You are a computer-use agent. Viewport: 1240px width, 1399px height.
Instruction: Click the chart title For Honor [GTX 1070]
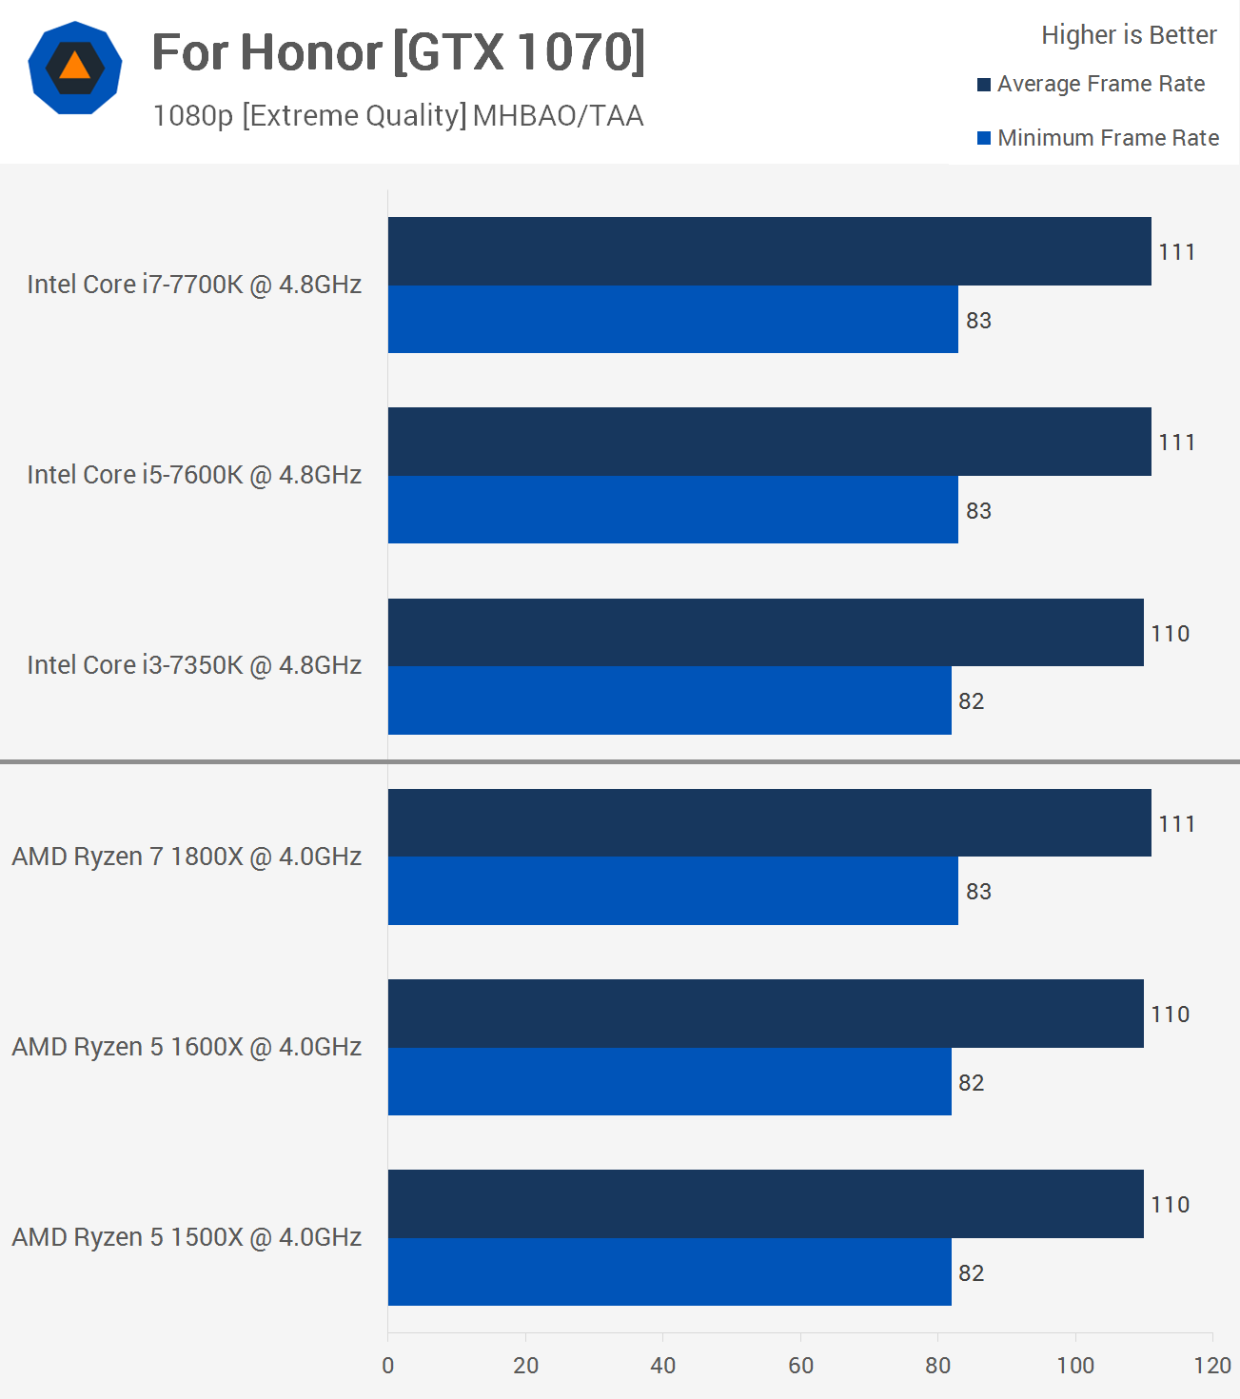click(x=398, y=52)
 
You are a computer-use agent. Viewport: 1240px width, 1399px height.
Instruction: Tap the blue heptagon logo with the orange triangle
click(x=75, y=68)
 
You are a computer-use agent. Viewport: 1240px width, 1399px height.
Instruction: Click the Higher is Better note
click(x=1129, y=35)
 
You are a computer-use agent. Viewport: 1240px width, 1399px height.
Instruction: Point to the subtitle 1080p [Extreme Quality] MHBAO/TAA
click(x=398, y=115)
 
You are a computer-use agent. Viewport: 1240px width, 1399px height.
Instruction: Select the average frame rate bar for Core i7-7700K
click(x=769, y=251)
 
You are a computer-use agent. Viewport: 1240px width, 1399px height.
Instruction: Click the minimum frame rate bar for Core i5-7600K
click(x=673, y=510)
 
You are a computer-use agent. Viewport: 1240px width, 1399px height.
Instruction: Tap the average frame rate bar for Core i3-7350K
click(x=765, y=633)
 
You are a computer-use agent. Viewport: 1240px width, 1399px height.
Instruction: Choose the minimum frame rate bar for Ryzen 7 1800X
click(x=673, y=891)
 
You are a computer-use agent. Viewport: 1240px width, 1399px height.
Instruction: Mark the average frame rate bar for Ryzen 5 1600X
click(x=765, y=1014)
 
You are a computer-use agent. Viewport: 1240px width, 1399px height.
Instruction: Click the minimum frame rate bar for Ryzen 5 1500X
click(x=669, y=1272)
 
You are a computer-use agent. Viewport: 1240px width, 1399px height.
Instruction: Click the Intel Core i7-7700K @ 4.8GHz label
click(x=194, y=285)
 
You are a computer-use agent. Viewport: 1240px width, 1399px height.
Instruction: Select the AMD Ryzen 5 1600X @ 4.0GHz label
click(x=187, y=1047)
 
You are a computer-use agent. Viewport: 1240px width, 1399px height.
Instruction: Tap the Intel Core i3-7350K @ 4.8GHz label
click(x=194, y=665)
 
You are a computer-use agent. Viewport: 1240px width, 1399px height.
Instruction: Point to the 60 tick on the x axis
click(x=800, y=1366)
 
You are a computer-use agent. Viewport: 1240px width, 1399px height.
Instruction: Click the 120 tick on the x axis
click(x=1212, y=1366)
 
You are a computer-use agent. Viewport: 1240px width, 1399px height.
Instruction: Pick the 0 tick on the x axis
click(x=388, y=1366)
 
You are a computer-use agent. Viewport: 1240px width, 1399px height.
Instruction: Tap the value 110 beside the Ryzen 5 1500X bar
click(x=1170, y=1205)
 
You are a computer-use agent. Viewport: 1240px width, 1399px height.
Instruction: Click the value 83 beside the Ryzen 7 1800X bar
click(x=978, y=892)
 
